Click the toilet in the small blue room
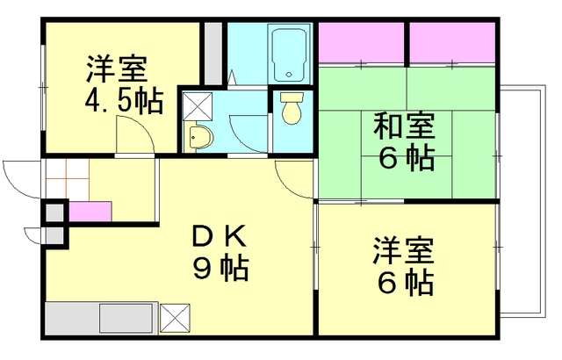[x=292, y=108]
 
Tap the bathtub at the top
[x=289, y=54]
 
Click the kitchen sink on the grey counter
[x=126, y=318]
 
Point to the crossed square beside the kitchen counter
[x=175, y=318]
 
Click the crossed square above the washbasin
[x=198, y=106]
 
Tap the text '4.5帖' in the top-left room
[x=124, y=101]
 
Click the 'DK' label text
[x=220, y=236]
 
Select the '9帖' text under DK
[x=220, y=268]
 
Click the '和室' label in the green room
[x=404, y=126]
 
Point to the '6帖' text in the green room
[x=407, y=157]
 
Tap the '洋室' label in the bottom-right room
[x=404, y=250]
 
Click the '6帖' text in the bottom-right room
[x=405, y=282]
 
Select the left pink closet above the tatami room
[x=361, y=42]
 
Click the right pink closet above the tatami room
[x=452, y=42]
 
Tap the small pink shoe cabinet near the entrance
[x=90, y=212]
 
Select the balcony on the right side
[x=522, y=200]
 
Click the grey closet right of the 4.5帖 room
[x=213, y=54]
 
